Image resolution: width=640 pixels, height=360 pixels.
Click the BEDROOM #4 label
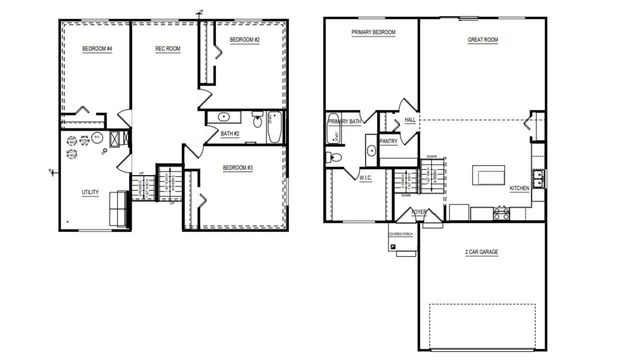coord(97,48)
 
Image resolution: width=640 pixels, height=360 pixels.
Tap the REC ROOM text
coord(166,48)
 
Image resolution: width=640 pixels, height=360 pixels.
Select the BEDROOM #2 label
coord(244,40)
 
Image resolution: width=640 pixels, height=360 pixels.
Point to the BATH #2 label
coord(230,133)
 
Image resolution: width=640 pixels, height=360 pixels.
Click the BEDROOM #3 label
coord(237,167)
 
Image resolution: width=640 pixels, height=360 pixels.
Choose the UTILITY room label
coord(90,192)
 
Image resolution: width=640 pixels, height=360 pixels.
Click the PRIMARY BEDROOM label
coord(373,33)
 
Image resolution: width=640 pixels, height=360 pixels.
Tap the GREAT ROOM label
coord(483,41)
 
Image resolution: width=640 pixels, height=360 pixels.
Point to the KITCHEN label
coord(520,188)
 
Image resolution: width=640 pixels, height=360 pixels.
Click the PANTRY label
coord(389,141)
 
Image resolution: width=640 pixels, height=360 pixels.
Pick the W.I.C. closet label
coord(366,177)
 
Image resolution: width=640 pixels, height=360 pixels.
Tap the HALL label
coord(410,120)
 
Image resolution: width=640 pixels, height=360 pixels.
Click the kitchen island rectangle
coord(491,176)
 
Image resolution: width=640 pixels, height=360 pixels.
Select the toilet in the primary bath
coord(335,157)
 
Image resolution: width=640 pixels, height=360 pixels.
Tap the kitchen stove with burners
coord(501,213)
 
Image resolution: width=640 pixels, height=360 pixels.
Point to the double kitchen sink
coord(538,179)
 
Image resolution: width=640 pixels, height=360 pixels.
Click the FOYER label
coord(419,212)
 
